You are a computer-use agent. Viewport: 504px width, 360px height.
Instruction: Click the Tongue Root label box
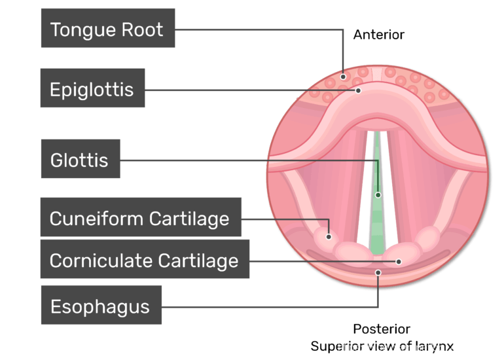pyautogui.click(x=107, y=28)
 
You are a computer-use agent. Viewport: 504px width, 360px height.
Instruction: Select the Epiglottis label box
pyautogui.click(x=92, y=88)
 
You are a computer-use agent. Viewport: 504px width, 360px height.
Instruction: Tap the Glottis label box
pyautogui.click(x=80, y=158)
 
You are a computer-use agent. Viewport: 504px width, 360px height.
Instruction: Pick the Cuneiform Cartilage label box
pyautogui.click(x=140, y=217)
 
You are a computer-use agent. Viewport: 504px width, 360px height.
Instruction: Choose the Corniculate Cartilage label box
pyautogui.click(x=144, y=260)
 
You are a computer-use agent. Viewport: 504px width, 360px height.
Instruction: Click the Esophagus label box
pyautogui.click(x=101, y=305)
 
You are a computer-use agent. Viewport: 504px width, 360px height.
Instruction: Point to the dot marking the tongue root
pyautogui.click(x=343, y=76)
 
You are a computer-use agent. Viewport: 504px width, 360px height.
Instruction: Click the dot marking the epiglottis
pyautogui.click(x=358, y=90)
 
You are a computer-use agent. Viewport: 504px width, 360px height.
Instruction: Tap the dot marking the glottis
pyautogui.click(x=378, y=194)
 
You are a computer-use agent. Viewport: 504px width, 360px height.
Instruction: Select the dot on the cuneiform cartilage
pyautogui.click(x=329, y=235)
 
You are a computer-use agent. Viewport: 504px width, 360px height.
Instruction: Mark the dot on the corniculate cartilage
pyautogui.click(x=398, y=261)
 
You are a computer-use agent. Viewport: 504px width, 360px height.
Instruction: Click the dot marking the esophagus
pyautogui.click(x=377, y=272)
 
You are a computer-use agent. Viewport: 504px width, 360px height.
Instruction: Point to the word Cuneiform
pyautogui.click(x=96, y=218)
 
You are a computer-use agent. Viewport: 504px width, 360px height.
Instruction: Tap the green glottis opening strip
pyautogui.click(x=377, y=216)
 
